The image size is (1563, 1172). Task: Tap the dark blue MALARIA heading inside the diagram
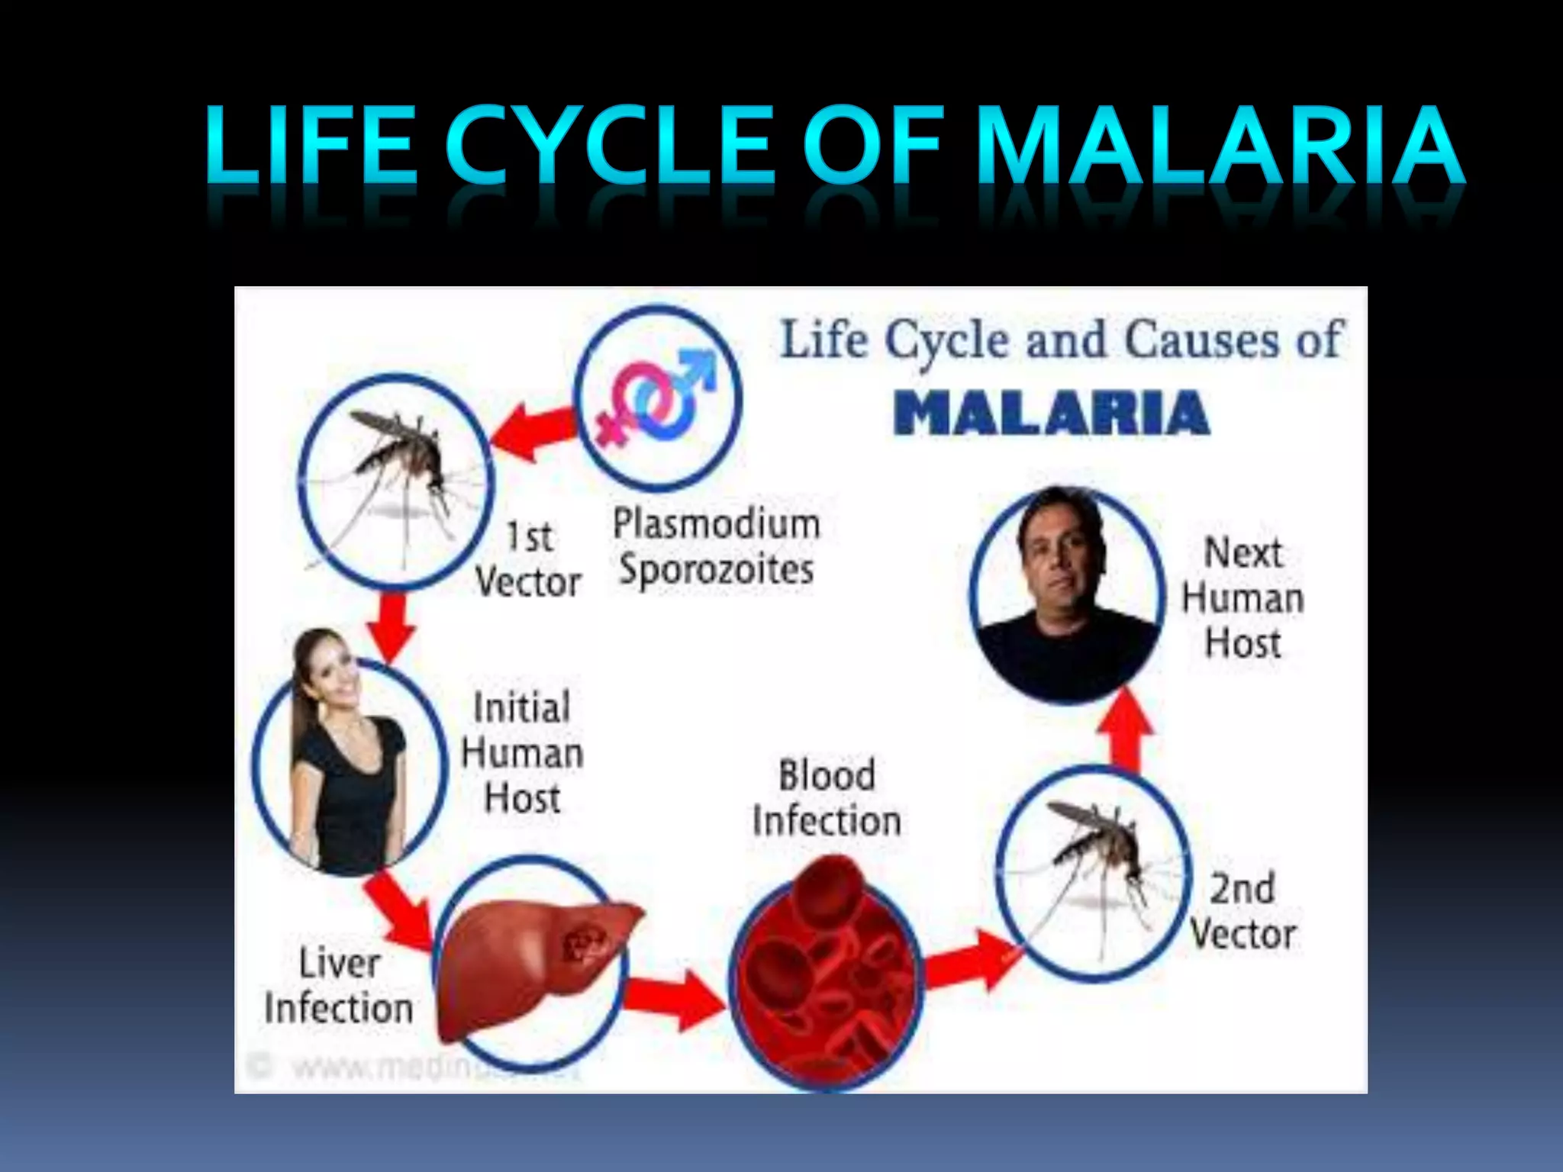(1051, 414)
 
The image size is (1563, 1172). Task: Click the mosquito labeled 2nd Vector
(1093, 874)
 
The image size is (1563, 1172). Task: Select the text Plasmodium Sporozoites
(716, 547)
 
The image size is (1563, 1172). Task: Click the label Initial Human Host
(522, 752)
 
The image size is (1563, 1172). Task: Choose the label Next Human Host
(1242, 597)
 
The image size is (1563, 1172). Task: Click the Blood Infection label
(827, 798)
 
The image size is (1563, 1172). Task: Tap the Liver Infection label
(338, 986)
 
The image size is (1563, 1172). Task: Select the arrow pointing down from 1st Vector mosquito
(392, 626)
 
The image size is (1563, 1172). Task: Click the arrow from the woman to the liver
(398, 910)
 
